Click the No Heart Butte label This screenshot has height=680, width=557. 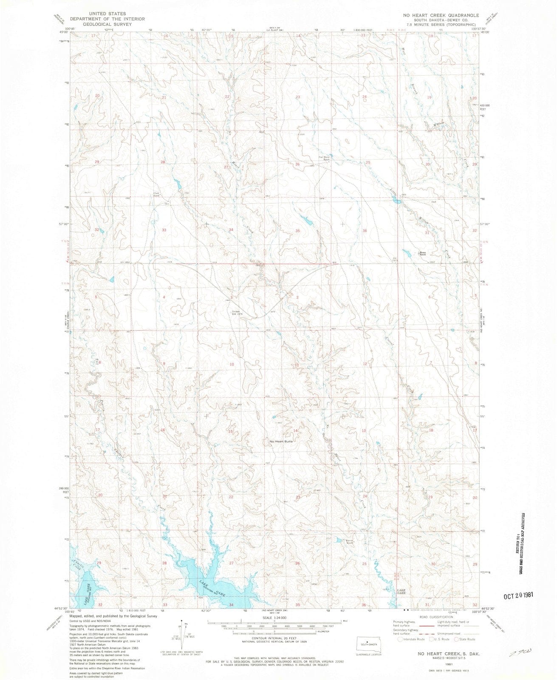281,442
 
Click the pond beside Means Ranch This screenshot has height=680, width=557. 407,253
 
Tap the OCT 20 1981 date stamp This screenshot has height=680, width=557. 518,596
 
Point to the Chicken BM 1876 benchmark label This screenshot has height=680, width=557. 236,313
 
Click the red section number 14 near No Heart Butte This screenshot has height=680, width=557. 295,431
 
